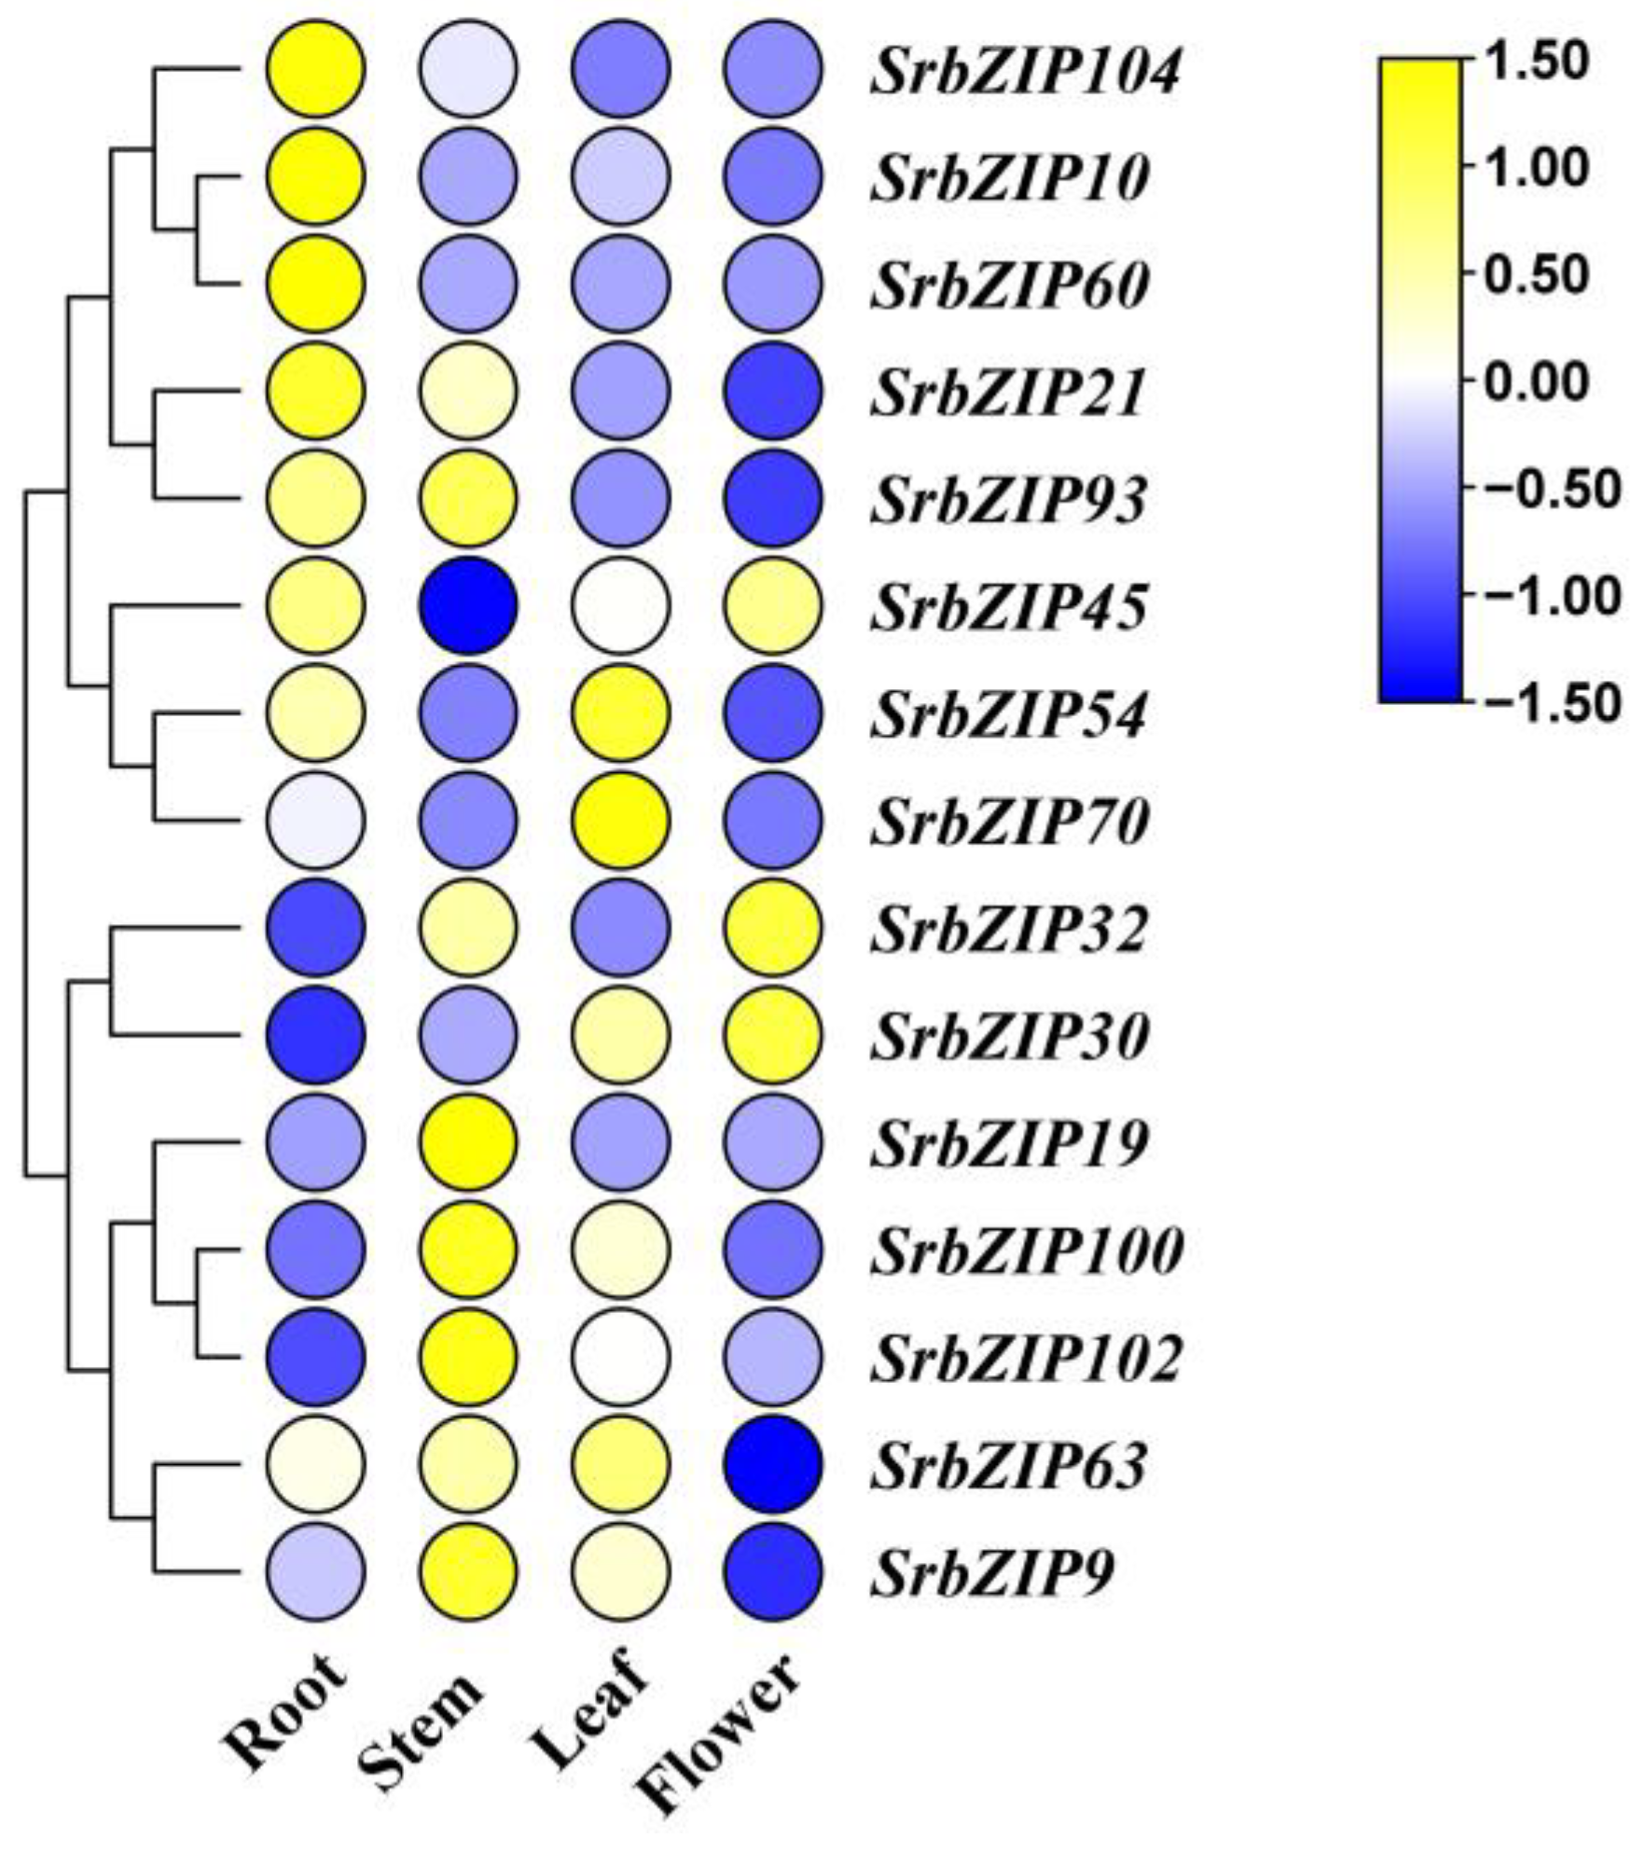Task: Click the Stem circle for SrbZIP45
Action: [468, 605]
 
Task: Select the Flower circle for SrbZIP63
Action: [773, 1464]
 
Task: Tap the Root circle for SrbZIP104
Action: [315, 69]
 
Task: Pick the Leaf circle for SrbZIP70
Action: [621, 820]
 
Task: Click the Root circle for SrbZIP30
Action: [315, 1034]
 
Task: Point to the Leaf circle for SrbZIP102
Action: [621, 1356]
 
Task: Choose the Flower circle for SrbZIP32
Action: [773, 927]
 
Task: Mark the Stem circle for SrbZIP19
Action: [468, 1141]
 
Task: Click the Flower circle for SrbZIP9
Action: [773, 1571]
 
